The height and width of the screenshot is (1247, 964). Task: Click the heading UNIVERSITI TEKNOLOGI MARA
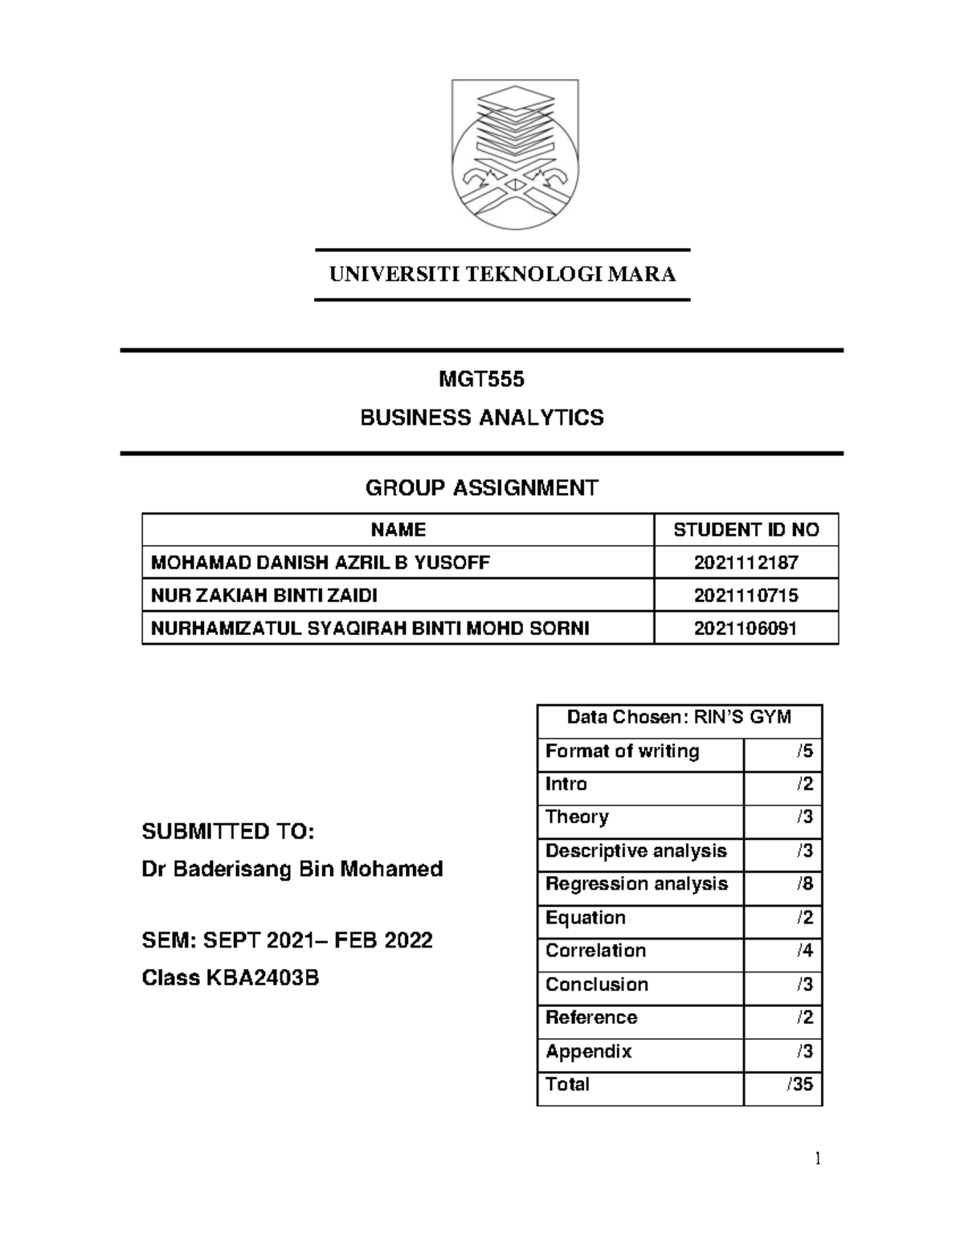502,275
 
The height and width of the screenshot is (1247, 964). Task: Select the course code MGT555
482,379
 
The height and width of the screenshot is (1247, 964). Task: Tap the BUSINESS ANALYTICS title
482,418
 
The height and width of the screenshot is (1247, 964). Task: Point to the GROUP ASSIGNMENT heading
482,487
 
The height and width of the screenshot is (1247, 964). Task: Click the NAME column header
398,530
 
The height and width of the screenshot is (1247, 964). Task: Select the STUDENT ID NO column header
745,530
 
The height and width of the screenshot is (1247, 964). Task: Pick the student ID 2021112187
745,563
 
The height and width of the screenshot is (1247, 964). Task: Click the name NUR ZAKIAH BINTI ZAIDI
263,596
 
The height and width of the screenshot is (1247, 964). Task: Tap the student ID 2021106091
745,629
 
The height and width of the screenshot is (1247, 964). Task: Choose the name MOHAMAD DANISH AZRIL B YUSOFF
320,563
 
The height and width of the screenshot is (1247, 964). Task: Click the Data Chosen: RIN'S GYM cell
679,717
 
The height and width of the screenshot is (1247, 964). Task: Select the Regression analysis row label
636,884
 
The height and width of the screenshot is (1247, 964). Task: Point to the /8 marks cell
804,884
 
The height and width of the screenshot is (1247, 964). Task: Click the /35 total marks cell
800,1085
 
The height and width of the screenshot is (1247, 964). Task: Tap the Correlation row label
595,951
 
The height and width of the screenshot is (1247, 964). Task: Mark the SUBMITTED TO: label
227,832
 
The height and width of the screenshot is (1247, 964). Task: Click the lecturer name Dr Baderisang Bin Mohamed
292,869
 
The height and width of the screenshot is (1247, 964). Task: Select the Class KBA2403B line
231,978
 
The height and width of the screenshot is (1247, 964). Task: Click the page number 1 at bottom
818,1159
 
